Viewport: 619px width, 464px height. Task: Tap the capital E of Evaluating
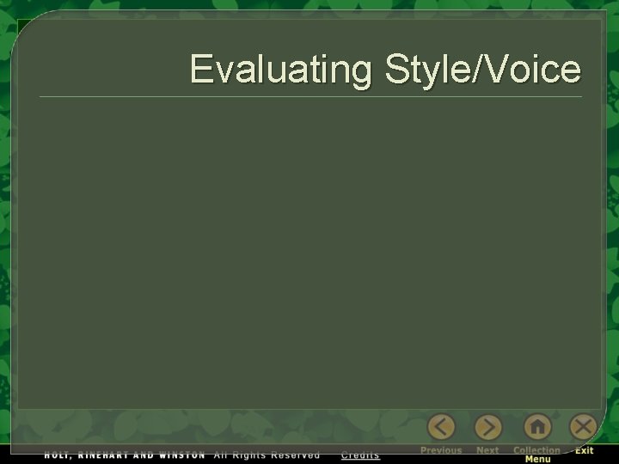(x=201, y=69)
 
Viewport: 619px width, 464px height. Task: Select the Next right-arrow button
(x=488, y=427)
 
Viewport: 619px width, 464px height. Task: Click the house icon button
(x=536, y=427)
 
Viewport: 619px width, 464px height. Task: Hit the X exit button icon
(x=584, y=427)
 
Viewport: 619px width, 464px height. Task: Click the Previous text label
(x=441, y=450)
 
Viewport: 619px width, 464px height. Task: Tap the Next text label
(x=487, y=450)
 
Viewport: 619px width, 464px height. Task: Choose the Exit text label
(x=585, y=450)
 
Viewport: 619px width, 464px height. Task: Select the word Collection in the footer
(x=536, y=450)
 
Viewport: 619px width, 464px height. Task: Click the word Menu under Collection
(x=537, y=460)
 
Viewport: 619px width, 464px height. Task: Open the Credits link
(x=360, y=455)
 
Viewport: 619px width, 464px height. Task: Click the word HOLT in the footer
(x=58, y=455)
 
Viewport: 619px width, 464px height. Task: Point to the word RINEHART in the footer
(x=102, y=455)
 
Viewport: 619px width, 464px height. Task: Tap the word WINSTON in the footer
(x=181, y=455)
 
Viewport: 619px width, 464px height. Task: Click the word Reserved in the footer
(x=295, y=455)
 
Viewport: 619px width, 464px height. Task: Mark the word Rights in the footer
(x=249, y=455)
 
